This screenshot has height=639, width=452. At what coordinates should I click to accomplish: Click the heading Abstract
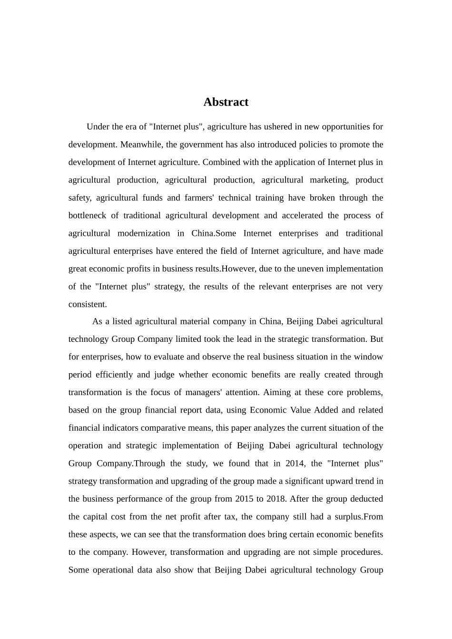226,102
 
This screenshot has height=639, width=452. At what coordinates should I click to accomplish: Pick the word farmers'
199,198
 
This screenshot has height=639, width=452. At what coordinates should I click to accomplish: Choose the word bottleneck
87,215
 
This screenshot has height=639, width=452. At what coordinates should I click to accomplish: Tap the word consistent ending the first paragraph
87,304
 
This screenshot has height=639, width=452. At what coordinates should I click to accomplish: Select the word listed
122,321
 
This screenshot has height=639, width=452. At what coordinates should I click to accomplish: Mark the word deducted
366,499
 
